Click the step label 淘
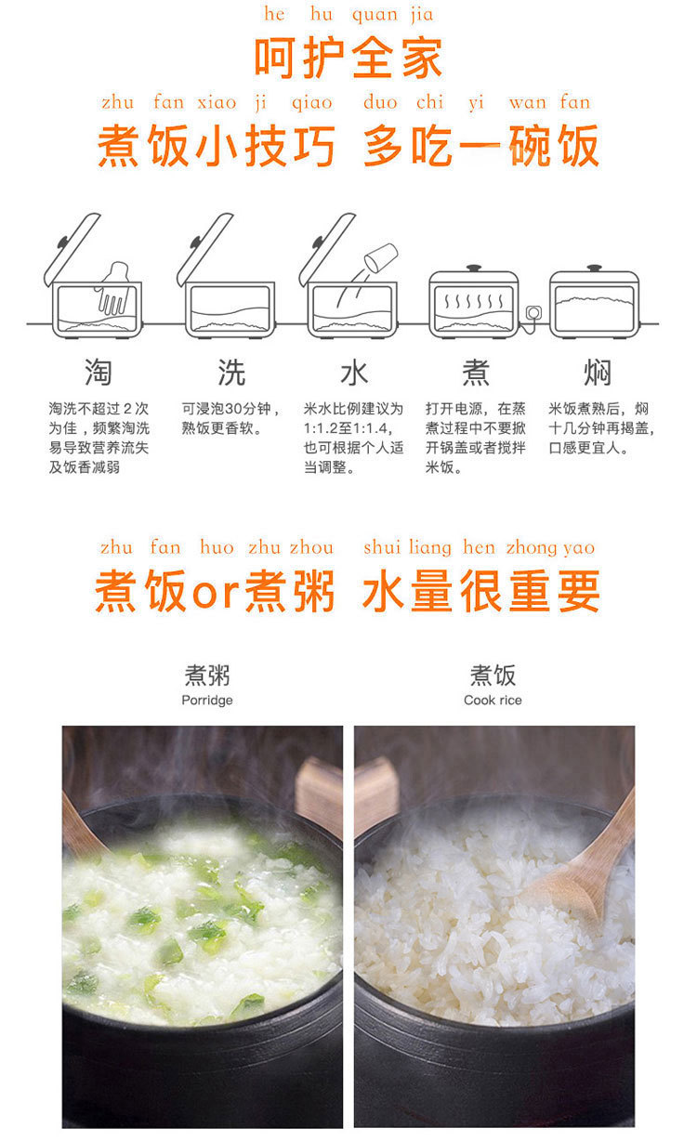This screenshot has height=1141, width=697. click(98, 372)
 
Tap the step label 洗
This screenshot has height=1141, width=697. click(231, 372)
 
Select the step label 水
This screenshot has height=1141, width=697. click(354, 372)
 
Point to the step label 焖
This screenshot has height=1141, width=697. click(598, 372)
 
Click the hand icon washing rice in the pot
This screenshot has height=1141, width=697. click(114, 288)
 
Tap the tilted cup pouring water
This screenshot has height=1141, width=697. click(381, 256)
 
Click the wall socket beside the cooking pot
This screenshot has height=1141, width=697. click(533, 312)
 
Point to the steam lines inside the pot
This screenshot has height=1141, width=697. click(473, 300)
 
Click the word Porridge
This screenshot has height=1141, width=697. click(207, 701)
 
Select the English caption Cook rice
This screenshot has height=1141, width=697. click(493, 700)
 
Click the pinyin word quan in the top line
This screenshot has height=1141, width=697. click(375, 15)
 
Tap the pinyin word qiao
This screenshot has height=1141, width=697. click(312, 103)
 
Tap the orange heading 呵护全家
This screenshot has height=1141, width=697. click(348, 58)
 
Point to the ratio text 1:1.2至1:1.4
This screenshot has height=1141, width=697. click(347, 427)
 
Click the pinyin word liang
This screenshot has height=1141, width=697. click(430, 548)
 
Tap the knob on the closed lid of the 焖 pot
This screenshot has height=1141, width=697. click(594, 268)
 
